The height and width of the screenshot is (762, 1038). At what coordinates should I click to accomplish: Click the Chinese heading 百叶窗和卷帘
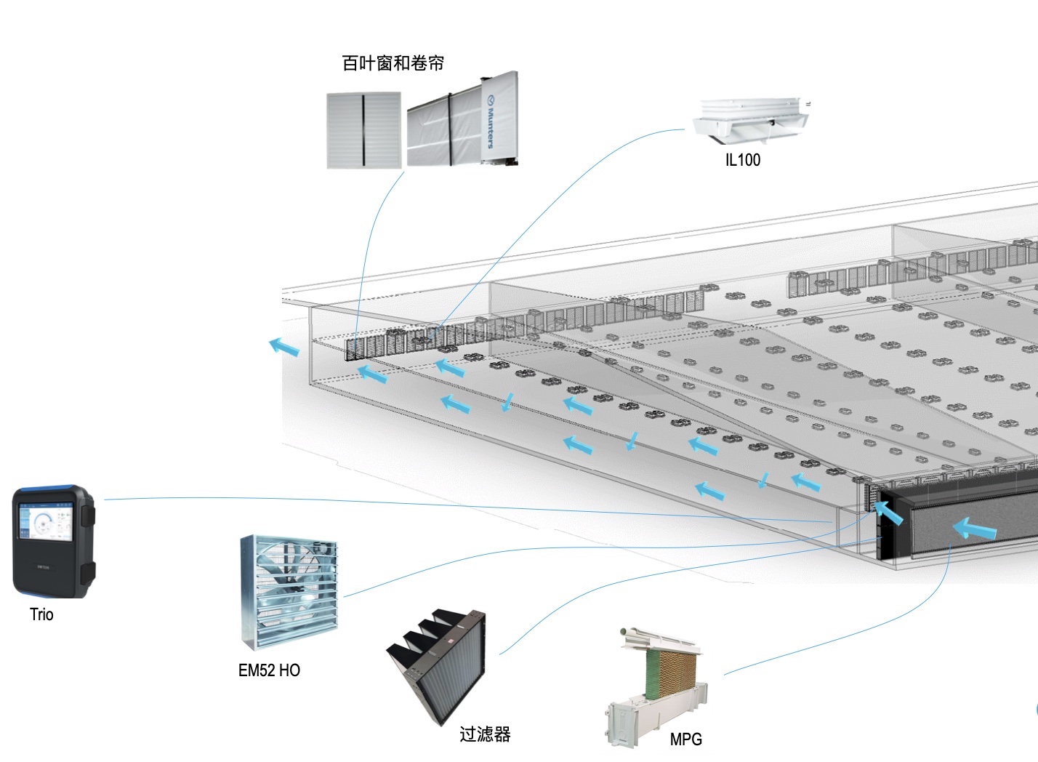(393, 63)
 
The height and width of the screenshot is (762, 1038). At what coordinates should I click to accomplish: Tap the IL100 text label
(742, 160)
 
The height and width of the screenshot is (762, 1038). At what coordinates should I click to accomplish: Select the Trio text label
(41, 614)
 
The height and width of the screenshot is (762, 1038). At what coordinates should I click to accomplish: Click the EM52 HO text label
(269, 670)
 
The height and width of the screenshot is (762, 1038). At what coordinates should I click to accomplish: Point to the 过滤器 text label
(485, 734)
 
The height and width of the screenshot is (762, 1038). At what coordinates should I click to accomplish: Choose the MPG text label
(685, 739)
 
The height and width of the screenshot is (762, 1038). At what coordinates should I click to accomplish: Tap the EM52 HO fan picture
(289, 592)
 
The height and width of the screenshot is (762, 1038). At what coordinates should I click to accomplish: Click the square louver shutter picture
(363, 130)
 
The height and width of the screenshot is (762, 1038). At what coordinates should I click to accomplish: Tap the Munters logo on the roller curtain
(489, 120)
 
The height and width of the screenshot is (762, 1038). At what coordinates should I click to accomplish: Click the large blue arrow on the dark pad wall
(974, 529)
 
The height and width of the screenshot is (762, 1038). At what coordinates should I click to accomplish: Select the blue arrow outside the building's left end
(284, 347)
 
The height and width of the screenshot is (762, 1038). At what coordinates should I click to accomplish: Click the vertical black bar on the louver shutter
(363, 130)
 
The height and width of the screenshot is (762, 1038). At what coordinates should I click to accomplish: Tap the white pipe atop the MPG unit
(658, 638)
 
